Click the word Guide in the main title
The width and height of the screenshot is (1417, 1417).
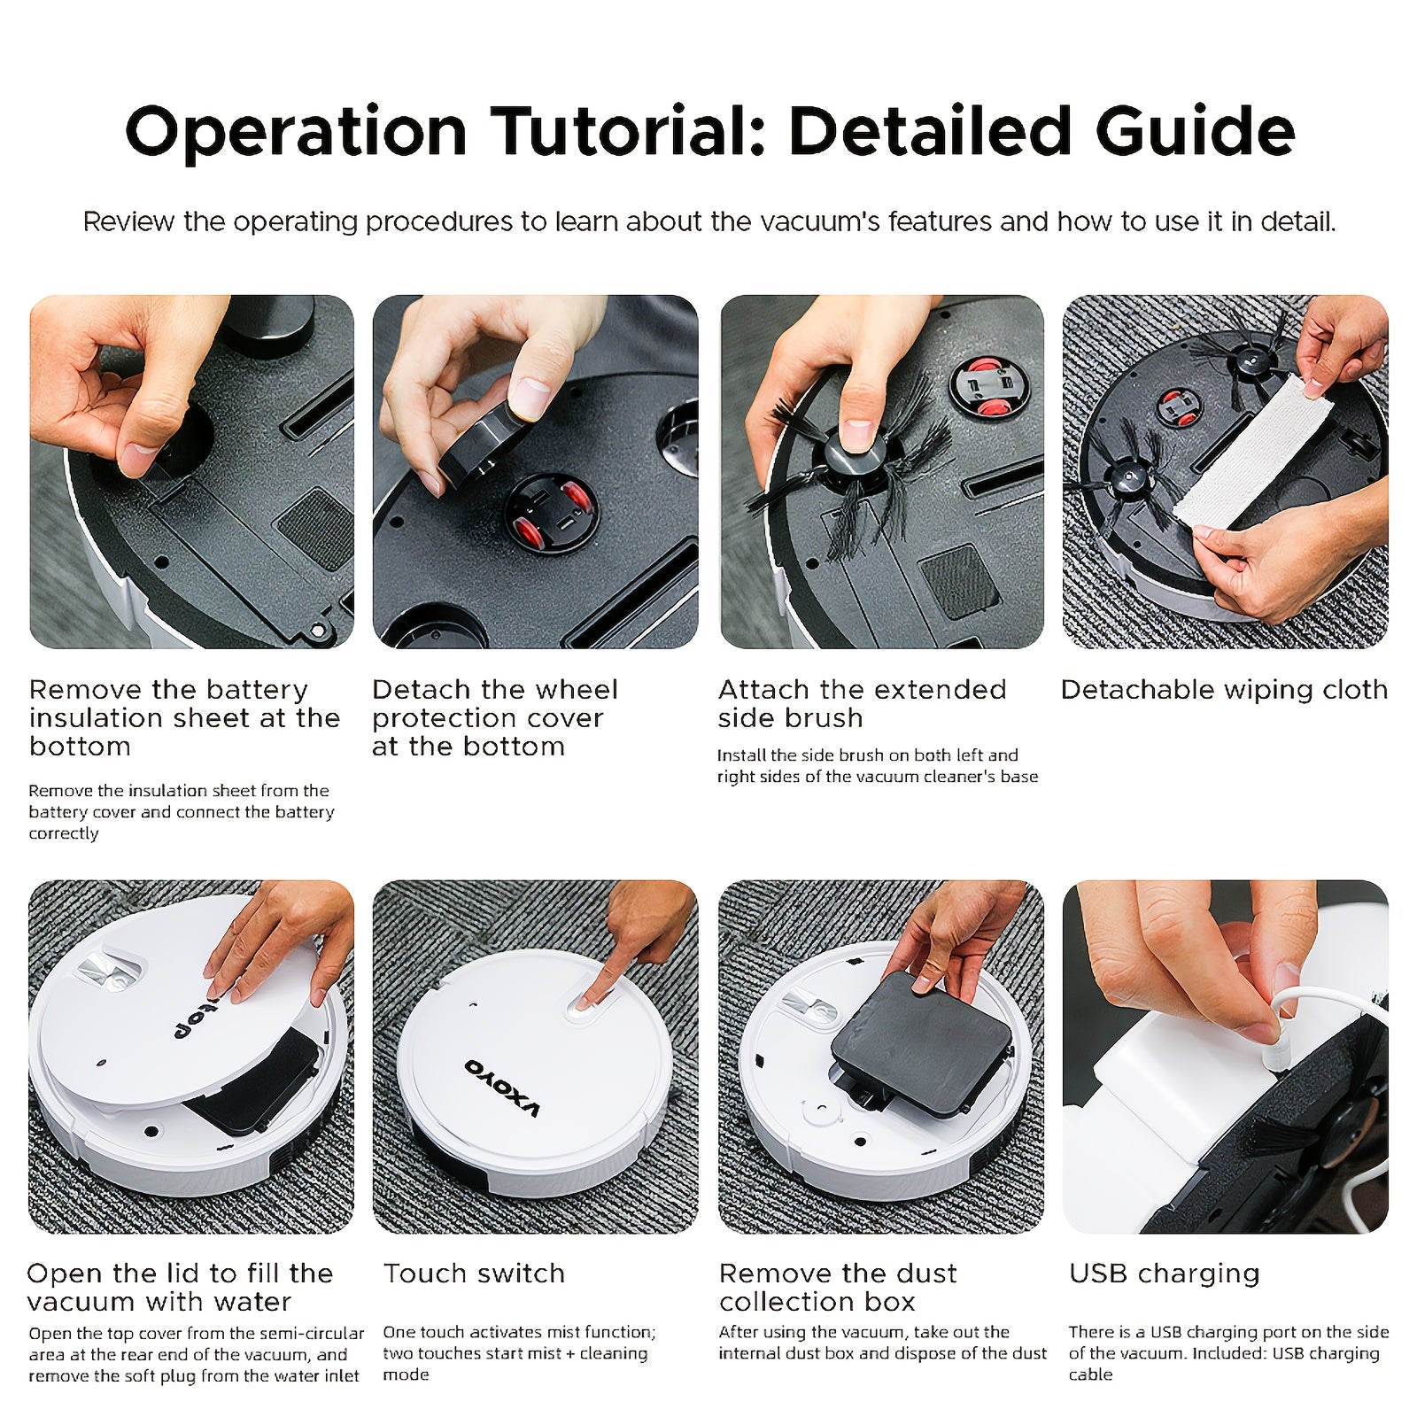click(1195, 131)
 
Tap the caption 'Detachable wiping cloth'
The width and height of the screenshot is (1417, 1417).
click(1224, 690)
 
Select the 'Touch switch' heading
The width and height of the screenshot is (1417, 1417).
click(474, 1274)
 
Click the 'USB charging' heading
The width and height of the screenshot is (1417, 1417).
click(1165, 1274)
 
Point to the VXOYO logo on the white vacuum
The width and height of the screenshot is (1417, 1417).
click(502, 1087)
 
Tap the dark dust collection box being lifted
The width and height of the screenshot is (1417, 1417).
click(921, 1045)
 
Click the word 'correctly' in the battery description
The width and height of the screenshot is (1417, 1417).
click(64, 834)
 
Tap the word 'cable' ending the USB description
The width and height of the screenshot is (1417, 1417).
click(1090, 1374)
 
